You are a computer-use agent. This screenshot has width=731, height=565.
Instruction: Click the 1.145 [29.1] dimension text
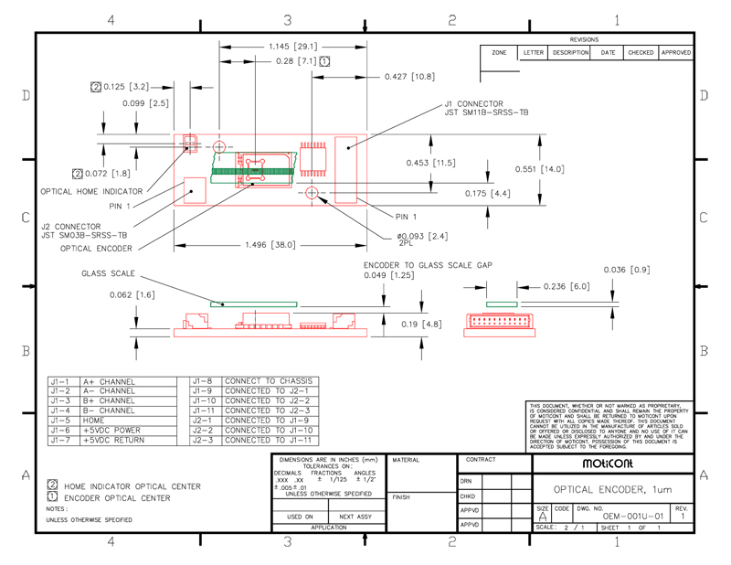pos(293,47)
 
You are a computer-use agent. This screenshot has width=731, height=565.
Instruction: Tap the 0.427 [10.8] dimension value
pos(409,77)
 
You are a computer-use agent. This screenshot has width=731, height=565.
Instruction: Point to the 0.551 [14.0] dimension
pos(540,169)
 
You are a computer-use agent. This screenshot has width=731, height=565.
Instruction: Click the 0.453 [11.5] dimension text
pos(431,163)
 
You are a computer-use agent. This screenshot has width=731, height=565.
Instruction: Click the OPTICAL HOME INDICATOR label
pos(91,191)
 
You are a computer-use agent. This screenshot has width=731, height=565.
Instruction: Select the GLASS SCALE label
pos(109,273)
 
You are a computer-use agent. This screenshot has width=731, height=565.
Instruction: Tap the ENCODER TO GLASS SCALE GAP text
pos(429,264)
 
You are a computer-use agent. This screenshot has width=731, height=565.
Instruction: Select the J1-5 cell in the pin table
pos(61,421)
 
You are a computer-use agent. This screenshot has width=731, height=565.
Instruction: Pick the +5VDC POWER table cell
pos(111,431)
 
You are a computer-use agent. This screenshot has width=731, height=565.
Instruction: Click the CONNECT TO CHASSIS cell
pos(269,381)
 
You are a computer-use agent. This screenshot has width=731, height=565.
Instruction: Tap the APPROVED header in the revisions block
pos(676,53)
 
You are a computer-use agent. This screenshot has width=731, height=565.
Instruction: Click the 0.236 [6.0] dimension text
pos(567,287)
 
